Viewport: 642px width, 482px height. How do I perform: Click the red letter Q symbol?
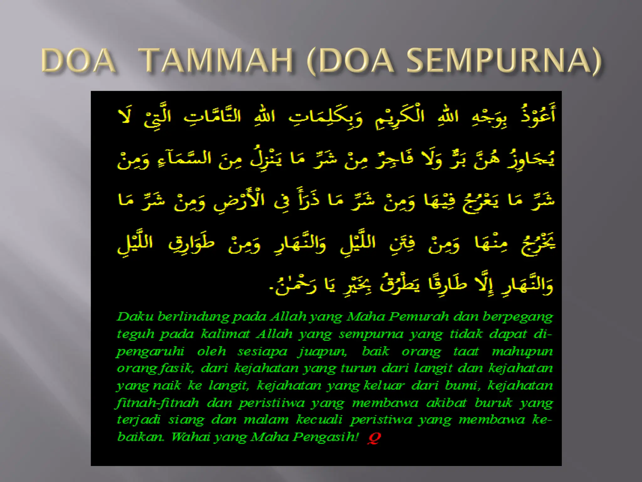click(x=374, y=437)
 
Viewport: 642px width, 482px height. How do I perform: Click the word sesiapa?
click(x=262, y=352)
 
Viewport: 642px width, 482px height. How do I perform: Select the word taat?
click(x=466, y=351)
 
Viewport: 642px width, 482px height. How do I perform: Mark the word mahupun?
click(x=522, y=352)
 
